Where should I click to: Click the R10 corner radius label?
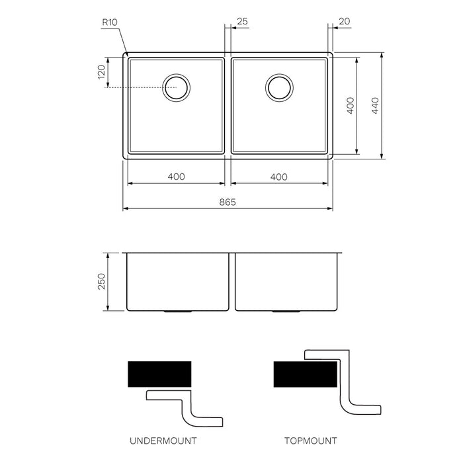[109, 22]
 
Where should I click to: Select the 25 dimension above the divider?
[241, 22]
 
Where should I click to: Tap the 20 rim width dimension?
[344, 22]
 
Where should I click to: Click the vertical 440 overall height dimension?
[375, 105]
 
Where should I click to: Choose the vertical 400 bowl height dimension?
[351, 105]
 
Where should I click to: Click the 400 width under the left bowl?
[176, 177]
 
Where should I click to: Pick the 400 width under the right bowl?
[279, 177]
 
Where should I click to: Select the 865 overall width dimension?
[228, 202]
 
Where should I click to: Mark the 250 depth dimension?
[101, 282]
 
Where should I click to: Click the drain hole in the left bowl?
[177, 87]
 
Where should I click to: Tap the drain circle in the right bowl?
[279, 87]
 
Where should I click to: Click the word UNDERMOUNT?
[163, 440]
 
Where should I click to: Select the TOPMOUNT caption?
[310, 440]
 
